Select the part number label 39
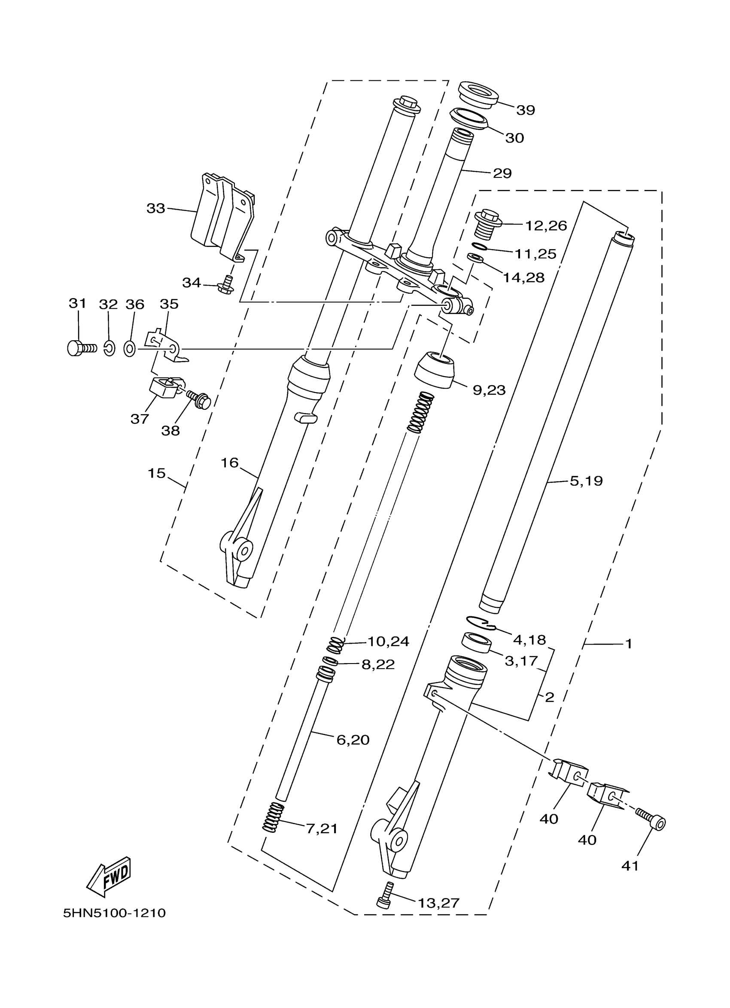[526, 110]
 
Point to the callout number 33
[156, 208]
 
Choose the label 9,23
[489, 390]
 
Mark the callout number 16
[230, 463]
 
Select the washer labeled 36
[130, 349]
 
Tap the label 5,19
[586, 481]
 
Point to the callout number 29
[502, 173]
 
